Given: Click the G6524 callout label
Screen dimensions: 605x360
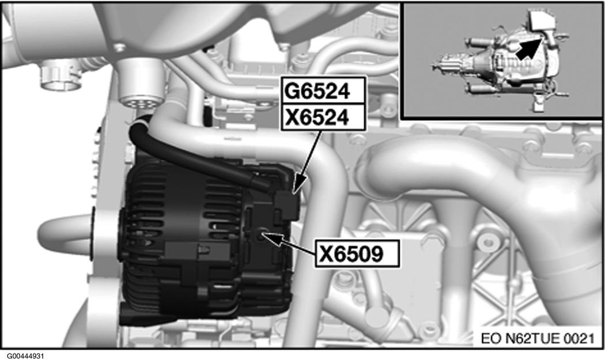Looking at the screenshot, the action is [x=323, y=91].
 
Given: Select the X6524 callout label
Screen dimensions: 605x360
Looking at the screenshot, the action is [x=323, y=118].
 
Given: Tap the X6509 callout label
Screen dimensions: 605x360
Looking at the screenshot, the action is [x=357, y=254].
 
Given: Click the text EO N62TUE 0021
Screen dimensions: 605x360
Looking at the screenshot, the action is [x=536, y=338].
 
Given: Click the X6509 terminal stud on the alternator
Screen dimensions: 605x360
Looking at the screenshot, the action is [x=262, y=234].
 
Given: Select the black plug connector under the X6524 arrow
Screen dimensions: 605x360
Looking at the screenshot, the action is [x=286, y=206].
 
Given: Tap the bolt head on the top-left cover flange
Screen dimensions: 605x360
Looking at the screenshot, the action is [x=119, y=48].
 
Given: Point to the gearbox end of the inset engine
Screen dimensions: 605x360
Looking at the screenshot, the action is [x=444, y=64].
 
